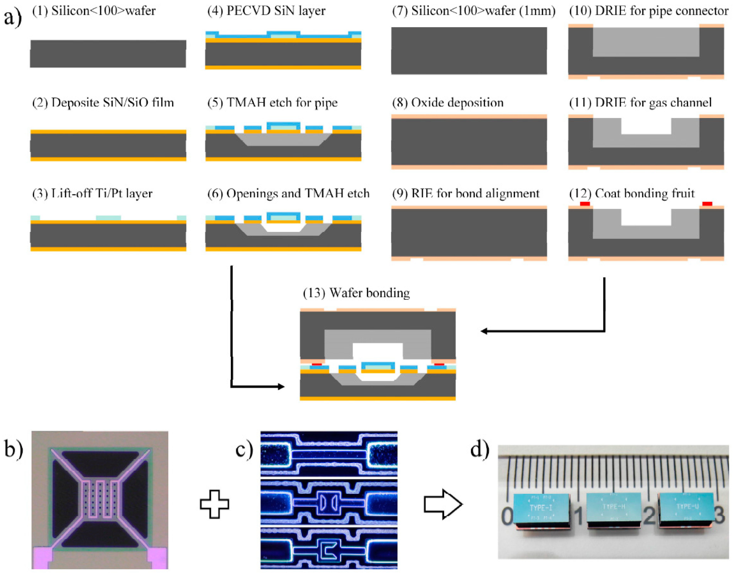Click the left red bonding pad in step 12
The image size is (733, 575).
585,204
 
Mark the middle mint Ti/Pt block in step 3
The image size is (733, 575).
108,218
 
